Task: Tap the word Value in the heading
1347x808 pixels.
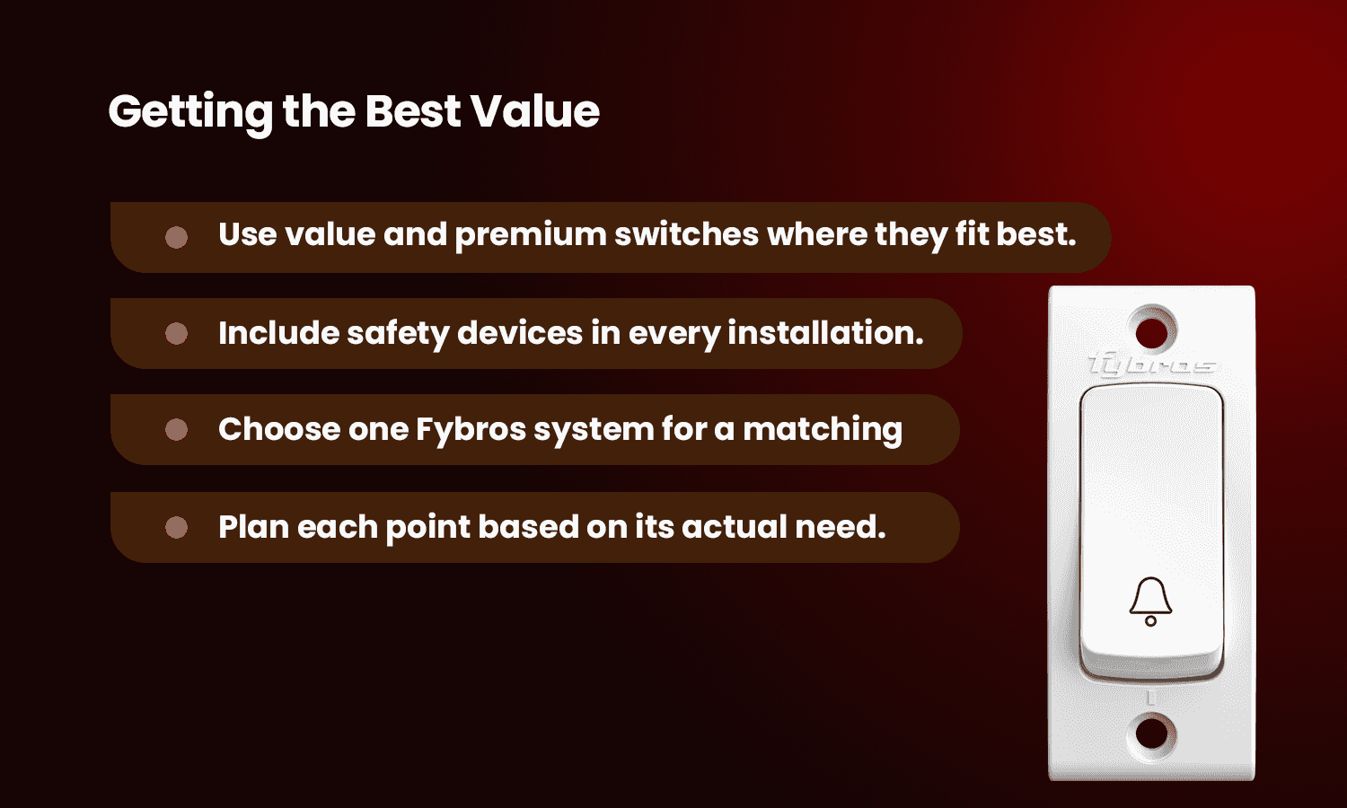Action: coord(535,111)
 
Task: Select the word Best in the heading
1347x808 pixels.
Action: coord(413,111)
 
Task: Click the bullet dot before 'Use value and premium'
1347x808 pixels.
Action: coord(176,238)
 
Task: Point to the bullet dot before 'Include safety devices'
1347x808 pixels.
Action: coord(176,334)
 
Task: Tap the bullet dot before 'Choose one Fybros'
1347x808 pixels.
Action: coord(176,430)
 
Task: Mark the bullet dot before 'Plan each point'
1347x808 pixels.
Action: coord(176,527)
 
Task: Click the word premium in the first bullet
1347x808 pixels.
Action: coord(531,236)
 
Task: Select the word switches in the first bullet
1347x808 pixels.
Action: coord(687,233)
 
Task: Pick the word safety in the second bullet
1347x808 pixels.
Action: coord(398,334)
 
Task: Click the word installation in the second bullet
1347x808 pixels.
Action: coord(825,332)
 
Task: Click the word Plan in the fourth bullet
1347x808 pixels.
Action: coord(254,527)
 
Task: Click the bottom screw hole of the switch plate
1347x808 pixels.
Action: coord(1151,733)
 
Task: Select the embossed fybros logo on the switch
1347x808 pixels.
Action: coord(1151,364)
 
